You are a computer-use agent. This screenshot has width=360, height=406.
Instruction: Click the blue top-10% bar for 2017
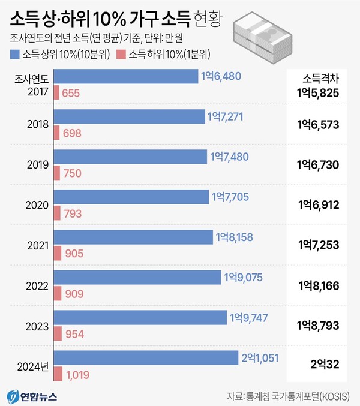pos(126,76)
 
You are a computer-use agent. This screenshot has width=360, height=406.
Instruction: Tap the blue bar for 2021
pos(133,237)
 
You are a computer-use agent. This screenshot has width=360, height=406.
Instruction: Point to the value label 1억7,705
pos(232,197)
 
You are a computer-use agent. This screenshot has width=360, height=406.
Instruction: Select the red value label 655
pos(71,93)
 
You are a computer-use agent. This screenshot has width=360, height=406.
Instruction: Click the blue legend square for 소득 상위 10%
pos(14,55)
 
